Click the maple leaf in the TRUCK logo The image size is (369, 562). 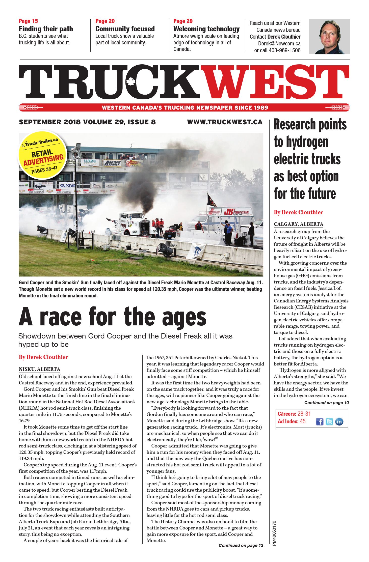[x=131, y=81]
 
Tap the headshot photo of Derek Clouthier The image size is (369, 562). [x=329, y=36]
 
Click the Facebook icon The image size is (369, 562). [x=320, y=421]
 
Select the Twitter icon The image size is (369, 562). [x=329, y=421]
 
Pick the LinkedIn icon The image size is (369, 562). [x=339, y=421]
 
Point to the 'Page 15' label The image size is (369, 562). [x=28, y=21]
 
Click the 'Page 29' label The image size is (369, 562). [x=183, y=21]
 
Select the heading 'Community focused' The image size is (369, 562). [x=125, y=29]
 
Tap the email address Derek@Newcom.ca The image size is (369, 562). [x=279, y=43]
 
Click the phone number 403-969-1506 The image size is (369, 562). [x=284, y=50]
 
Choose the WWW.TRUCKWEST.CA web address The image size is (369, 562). [x=225, y=122]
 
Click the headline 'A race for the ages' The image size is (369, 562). [x=113, y=317]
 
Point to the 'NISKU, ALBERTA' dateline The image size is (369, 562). [x=39, y=369]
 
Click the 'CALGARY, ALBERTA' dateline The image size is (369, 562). [x=298, y=224]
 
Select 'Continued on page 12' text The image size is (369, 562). [x=241, y=545]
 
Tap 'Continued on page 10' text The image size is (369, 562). [x=326, y=403]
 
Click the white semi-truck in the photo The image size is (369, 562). [x=134, y=224]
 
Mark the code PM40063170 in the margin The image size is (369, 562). [x=274, y=533]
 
